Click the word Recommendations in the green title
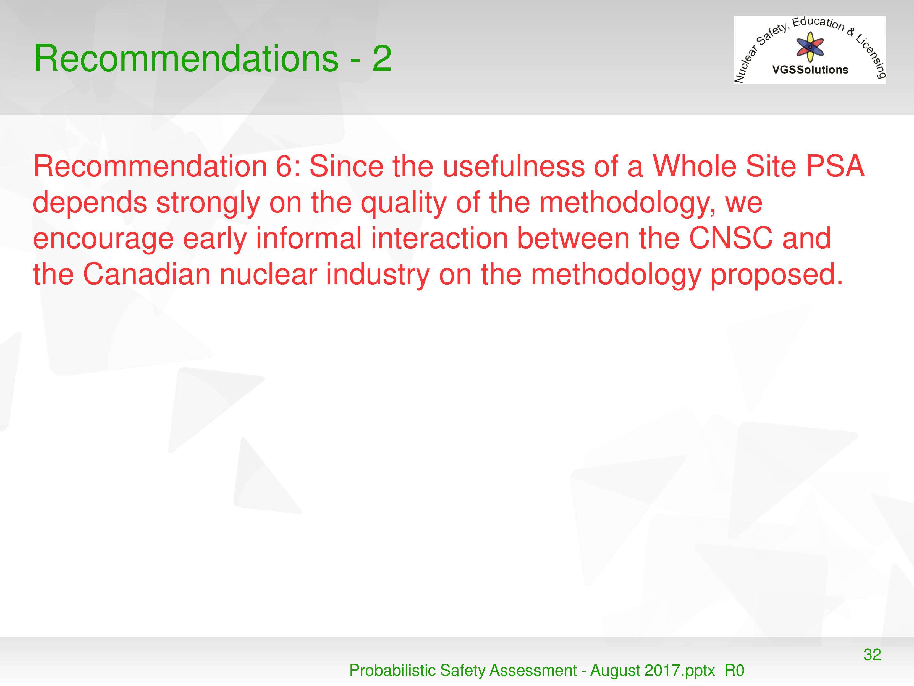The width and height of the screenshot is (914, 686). point(186,58)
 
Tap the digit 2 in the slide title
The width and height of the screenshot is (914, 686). point(382,58)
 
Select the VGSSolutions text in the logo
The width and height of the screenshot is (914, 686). point(810,70)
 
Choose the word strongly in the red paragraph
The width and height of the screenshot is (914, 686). point(208,203)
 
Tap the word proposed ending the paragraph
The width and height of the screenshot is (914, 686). point(776,275)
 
